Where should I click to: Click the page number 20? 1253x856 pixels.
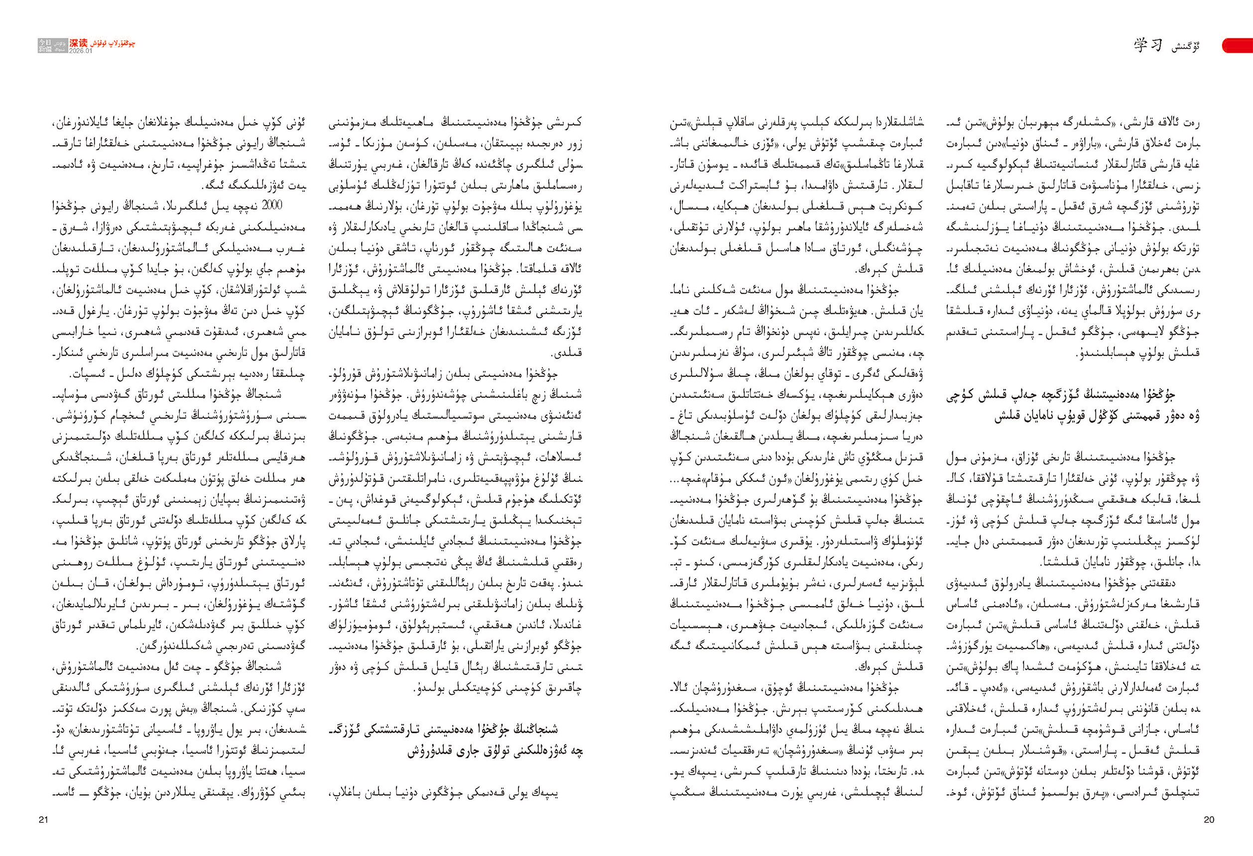pos(1208,820)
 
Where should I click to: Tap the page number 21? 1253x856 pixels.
pos(44,820)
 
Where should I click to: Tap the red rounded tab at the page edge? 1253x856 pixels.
pos(1238,46)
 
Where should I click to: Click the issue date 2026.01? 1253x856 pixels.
pos(80,51)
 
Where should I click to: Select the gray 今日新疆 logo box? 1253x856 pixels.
pos(46,46)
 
